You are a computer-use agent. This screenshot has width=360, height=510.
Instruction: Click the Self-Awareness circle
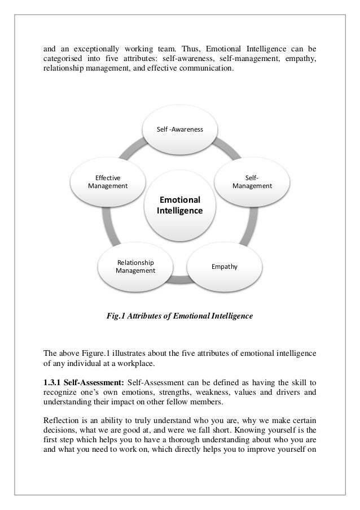point(180,130)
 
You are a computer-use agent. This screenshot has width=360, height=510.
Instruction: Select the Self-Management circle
point(252,181)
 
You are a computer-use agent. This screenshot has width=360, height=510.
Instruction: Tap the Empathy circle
point(224,265)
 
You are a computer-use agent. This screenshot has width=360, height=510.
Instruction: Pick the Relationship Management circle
point(135,266)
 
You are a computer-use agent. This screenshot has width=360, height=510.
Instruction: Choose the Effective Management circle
point(107,181)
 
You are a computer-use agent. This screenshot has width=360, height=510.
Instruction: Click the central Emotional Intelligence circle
point(180,206)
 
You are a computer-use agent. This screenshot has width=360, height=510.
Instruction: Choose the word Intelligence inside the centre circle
point(180,211)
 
